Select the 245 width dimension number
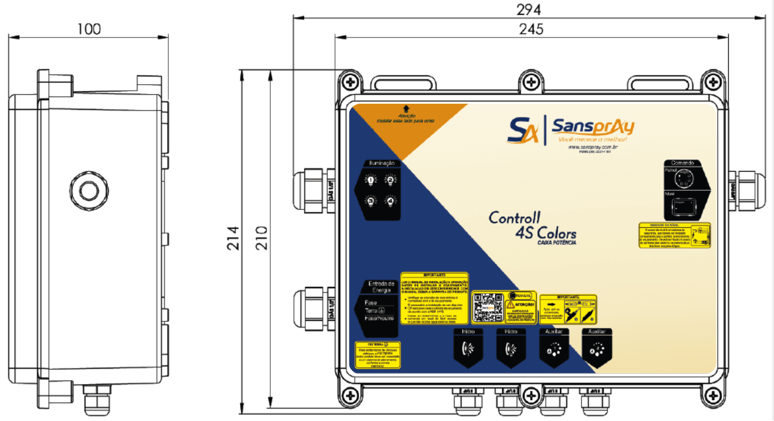coord(530,28)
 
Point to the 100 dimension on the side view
coord(89,29)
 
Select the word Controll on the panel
coord(514,218)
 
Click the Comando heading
coord(683,163)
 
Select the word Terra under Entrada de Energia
coord(371,311)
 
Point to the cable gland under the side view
coord(97,400)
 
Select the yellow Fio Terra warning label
coord(377,355)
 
